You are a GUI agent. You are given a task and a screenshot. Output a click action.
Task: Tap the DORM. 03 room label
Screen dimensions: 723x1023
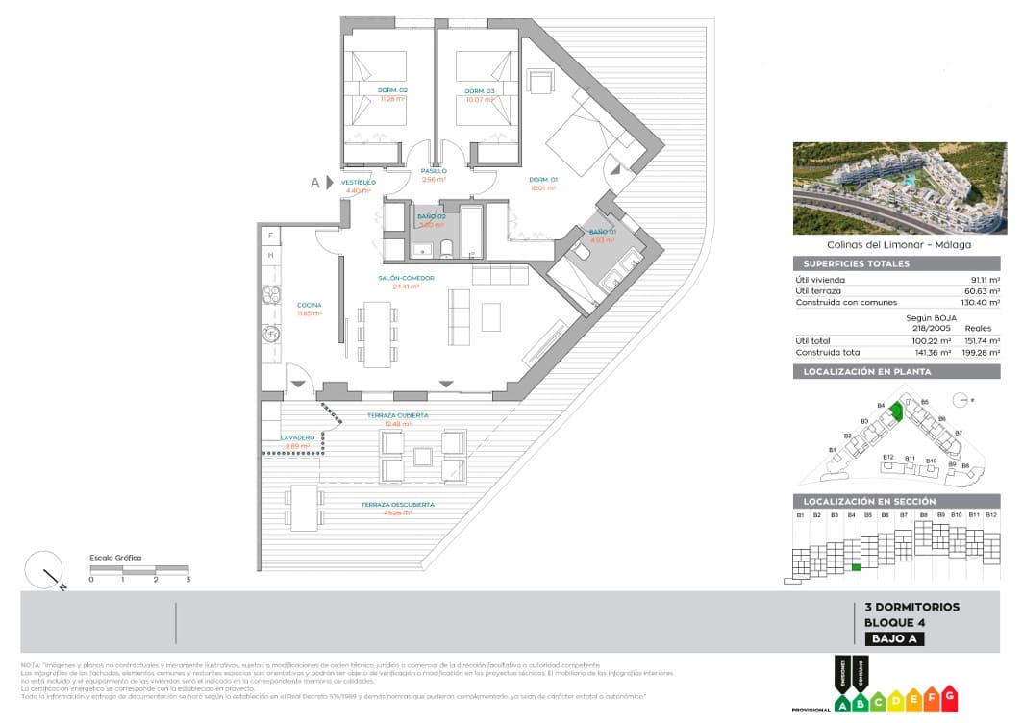pyautogui.click(x=480, y=90)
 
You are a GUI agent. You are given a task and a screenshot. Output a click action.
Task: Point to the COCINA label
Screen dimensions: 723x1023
pyautogui.click(x=309, y=305)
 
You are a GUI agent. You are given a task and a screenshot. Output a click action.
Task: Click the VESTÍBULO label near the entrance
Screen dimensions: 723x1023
pyautogui.click(x=358, y=182)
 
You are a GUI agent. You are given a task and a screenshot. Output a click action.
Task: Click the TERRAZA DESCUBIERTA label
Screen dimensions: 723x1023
pyautogui.click(x=397, y=504)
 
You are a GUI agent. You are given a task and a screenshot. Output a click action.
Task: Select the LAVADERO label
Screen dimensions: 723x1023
pyautogui.click(x=297, y=437)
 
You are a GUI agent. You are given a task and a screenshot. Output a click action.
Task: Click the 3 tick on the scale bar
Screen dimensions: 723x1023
pyautogui.click(x=188, y=579)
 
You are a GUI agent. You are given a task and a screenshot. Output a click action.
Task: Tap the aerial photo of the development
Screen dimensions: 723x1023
pyautogui.click(x=898, y=187)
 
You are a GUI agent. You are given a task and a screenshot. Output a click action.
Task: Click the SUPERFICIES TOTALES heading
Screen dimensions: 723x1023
pyautogui.click(x=851, y=263)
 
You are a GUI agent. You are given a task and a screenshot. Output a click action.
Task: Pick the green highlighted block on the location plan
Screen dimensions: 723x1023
pyautogui.click(x=896, y=411)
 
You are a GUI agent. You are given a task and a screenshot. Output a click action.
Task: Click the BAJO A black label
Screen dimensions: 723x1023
pyautogui.click(x=894, y=638)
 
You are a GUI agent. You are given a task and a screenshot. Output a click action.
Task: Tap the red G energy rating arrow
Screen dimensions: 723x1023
pyautogui.click(x=949, y=694)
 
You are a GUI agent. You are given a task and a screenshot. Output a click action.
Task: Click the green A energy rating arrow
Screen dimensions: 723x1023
pyautogui.click(x=843, y=704)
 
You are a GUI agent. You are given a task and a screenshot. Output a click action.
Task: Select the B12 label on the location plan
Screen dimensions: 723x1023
pyautogui.click(x=887, y=457)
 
